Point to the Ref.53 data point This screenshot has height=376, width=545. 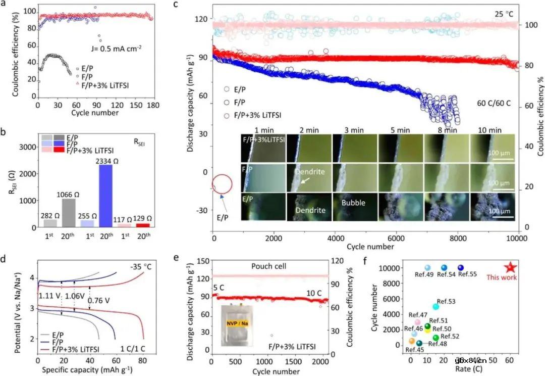coord(436,306)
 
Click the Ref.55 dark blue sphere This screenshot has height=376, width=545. coord(461,268)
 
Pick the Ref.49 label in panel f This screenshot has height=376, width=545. coord(428,274)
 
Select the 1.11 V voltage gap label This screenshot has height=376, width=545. coord(49,295)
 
